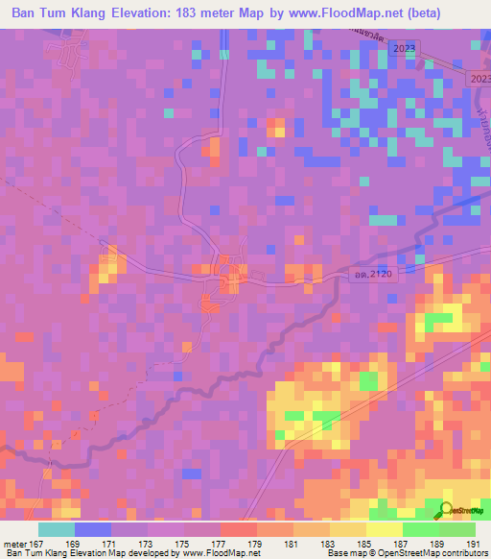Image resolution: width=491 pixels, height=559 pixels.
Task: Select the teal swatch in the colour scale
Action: click(x=57, y=529)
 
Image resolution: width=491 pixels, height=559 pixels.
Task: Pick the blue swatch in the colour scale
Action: click(x=93, y=529)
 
